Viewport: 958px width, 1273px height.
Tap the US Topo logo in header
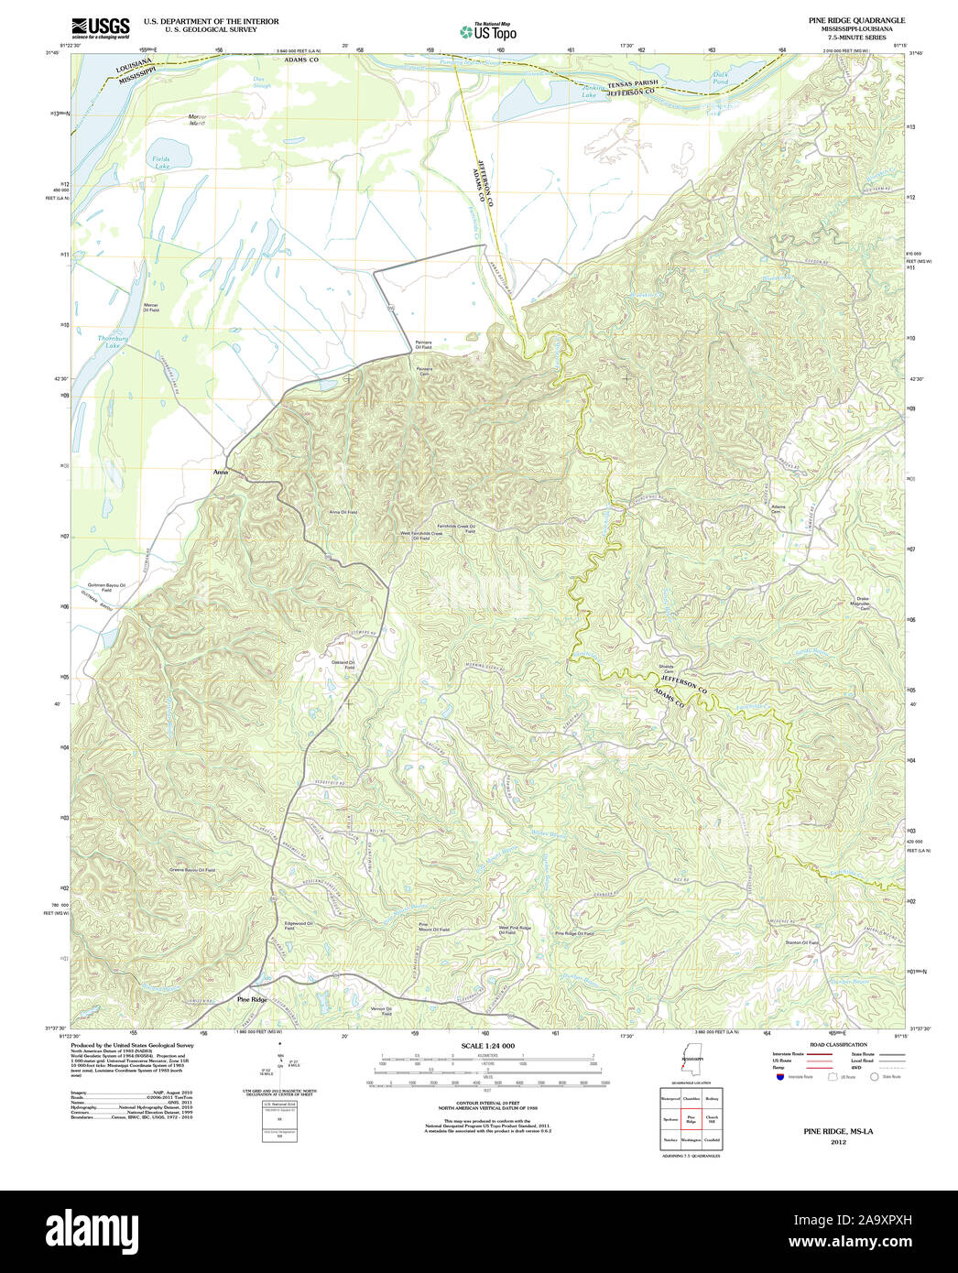pos(488,31)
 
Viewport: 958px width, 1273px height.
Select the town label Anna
pos(219,472)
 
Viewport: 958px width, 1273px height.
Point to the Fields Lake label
pos(161,163)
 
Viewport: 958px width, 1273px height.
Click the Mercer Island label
pos(197,120)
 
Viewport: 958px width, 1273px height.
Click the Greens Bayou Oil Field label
pos(192,869)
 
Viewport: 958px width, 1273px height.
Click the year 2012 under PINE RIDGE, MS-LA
pos(838,1142)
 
